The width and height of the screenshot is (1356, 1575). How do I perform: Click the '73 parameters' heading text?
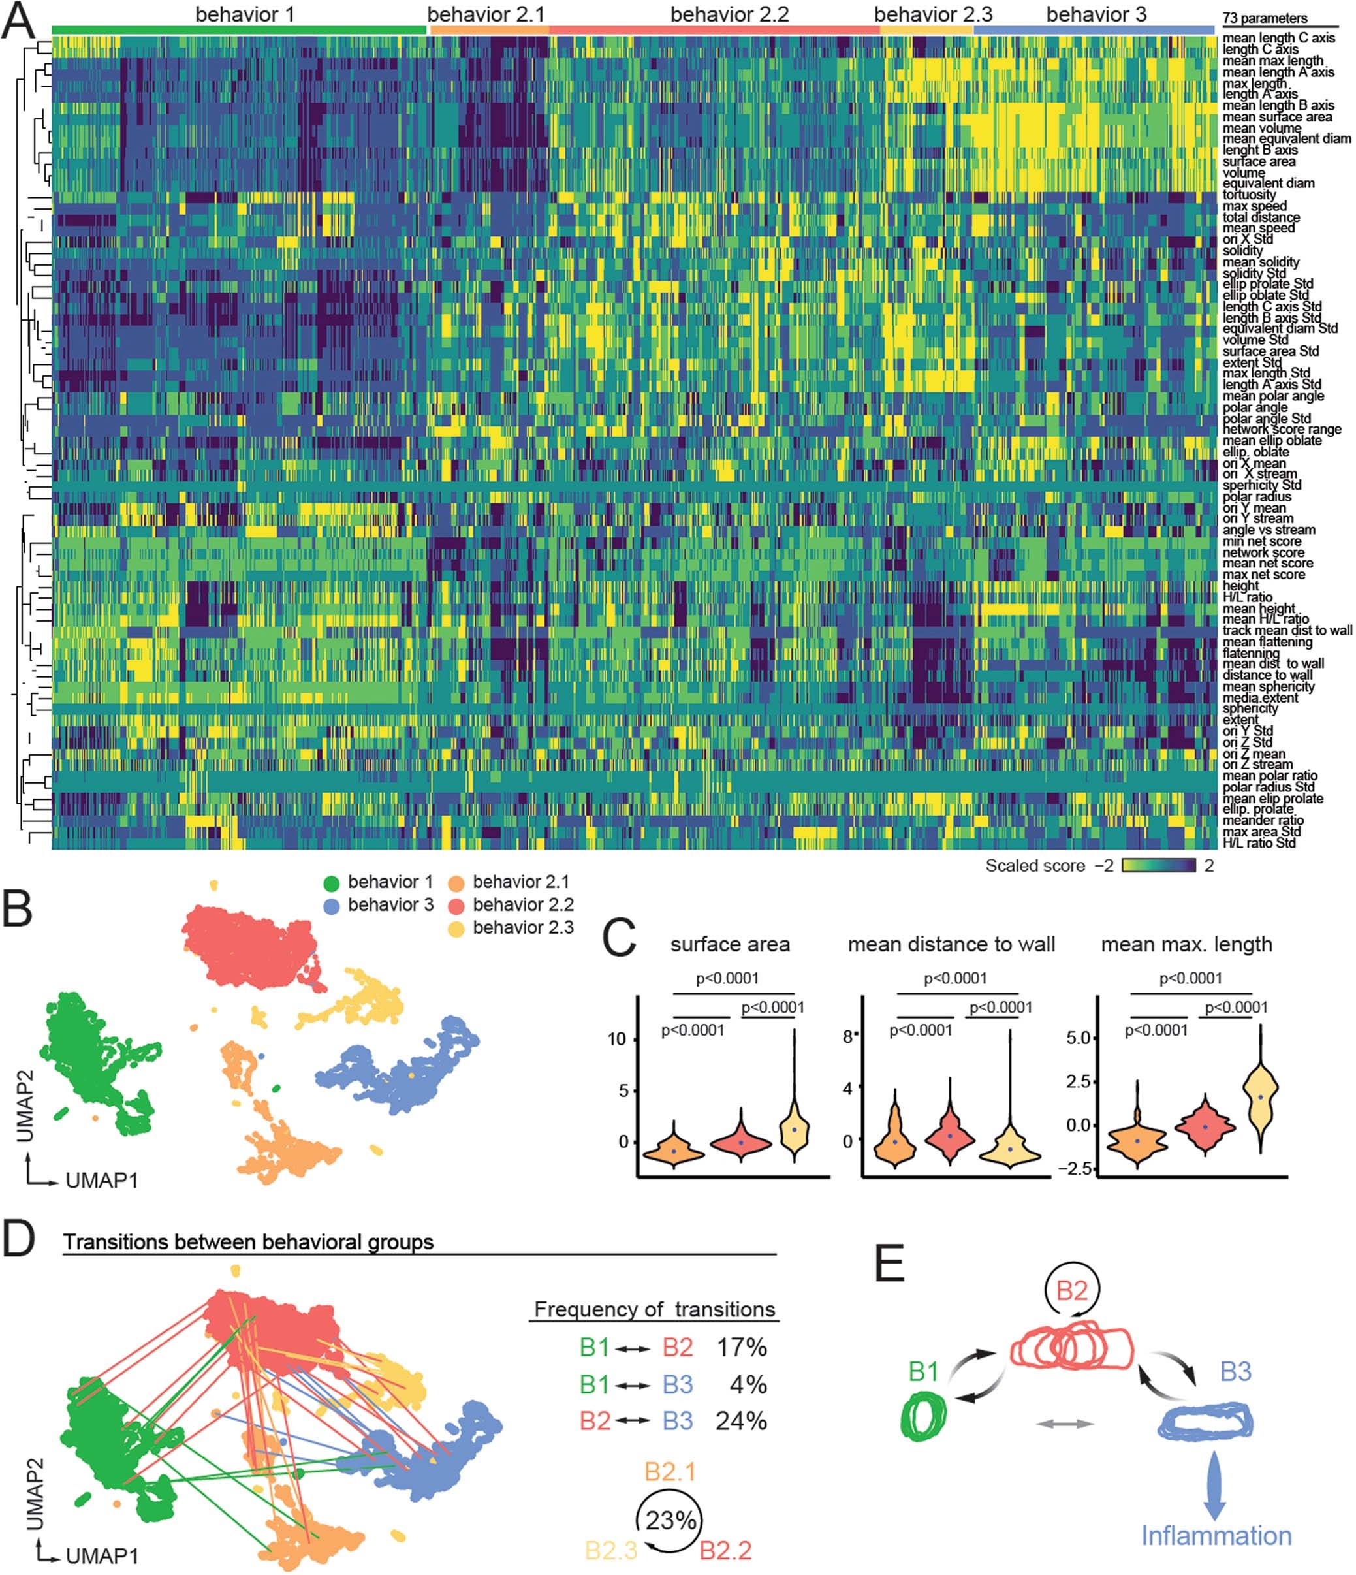(1264, 18)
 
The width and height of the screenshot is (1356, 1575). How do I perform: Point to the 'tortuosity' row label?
(1249, 195)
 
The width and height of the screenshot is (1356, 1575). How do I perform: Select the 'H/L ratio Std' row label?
(1259, 843)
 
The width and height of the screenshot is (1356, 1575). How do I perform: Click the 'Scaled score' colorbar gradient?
(1158, 865)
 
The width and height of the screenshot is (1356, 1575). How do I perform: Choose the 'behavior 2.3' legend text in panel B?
(522, 927)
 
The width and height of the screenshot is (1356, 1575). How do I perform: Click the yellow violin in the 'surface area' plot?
(795, 1130)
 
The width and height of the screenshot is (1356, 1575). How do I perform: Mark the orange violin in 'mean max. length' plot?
(1137, 1140)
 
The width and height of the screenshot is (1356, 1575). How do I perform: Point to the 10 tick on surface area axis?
(617, 1039)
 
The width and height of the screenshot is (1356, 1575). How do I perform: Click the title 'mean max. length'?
(1186, 944)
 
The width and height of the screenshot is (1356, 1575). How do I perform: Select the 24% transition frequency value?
(741, 1421)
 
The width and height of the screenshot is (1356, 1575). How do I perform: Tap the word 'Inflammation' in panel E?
(1216, 1535)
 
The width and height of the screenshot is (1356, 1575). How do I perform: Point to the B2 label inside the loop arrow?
(1072, 1290)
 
